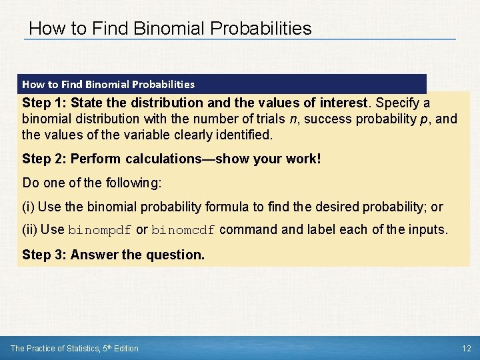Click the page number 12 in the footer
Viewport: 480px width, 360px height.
pos(465,348)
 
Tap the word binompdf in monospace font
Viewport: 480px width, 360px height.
pos(100,231)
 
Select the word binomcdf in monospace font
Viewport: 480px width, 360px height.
pos(183,231)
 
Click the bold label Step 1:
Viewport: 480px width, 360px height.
pos(45,103)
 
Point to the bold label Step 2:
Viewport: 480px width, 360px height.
pos(45,159)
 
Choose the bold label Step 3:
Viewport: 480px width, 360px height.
pos(45,255)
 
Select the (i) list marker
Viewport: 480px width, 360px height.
pos(29,207)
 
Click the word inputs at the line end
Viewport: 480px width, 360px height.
pos(426,230)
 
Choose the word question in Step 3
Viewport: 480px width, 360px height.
pos(178,255)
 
